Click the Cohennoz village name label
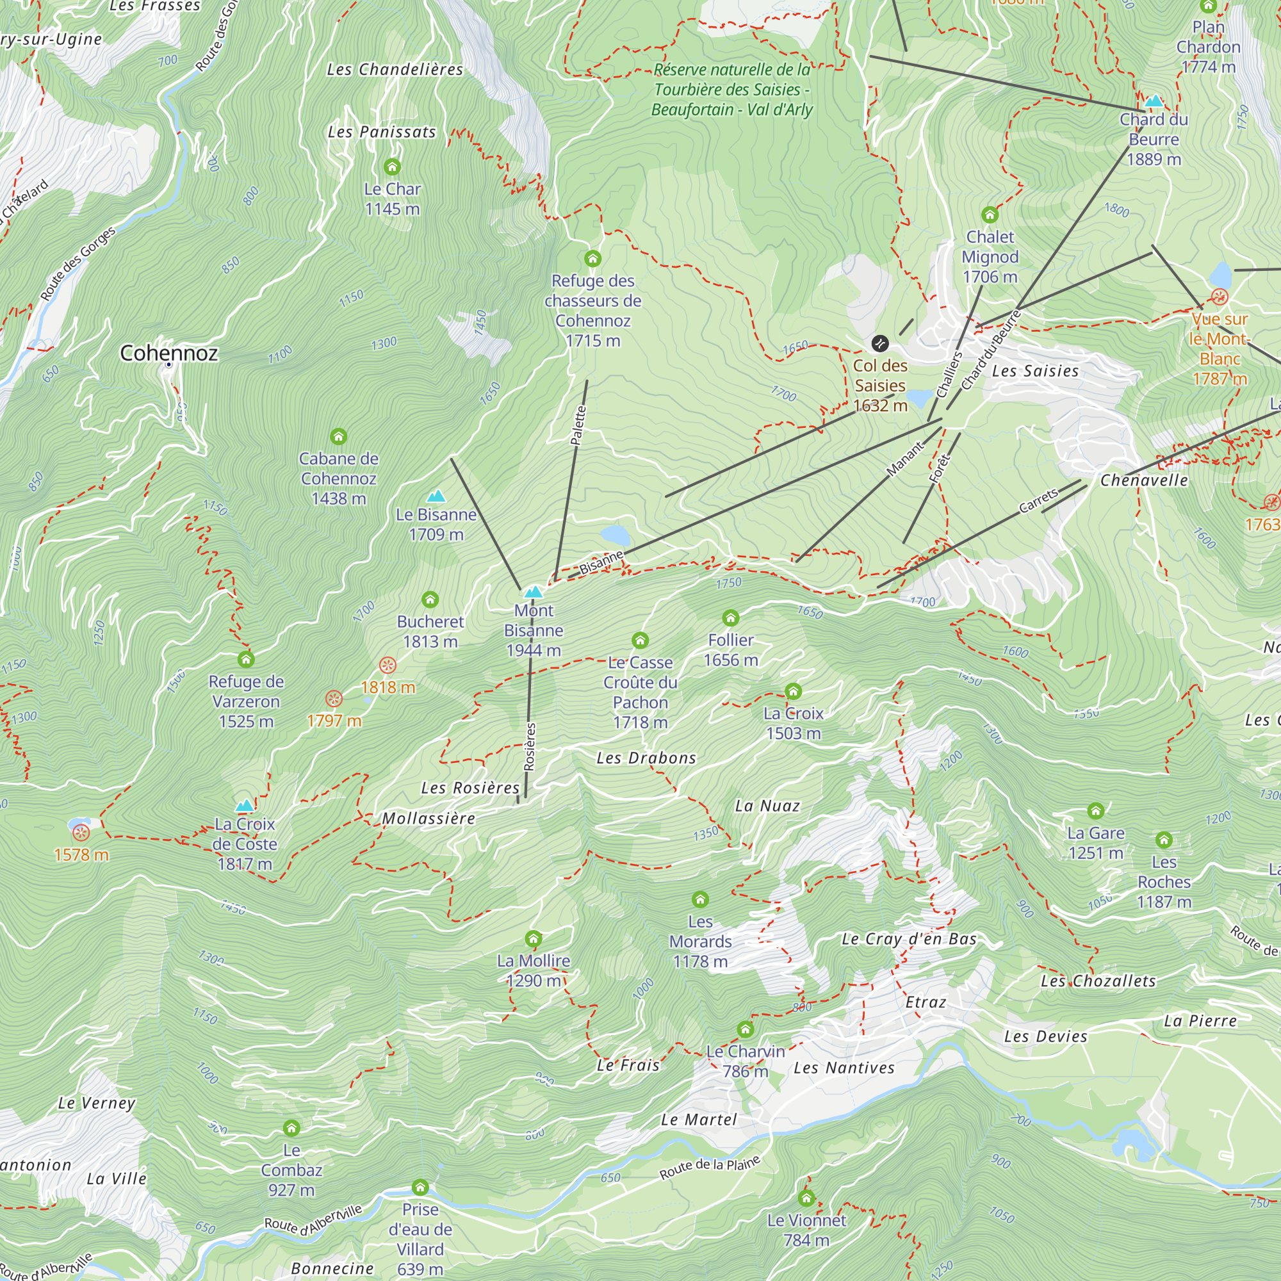point(168,353)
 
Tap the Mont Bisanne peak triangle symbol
point(533,591)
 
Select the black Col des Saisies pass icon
point(879,343)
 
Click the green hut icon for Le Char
point(392,167)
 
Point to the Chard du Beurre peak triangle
point(1154,101)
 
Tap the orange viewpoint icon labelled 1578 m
point(81,832)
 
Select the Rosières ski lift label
point(529,747)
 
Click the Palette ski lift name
point(578,425)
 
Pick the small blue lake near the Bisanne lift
point(615,534)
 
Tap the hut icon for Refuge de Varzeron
point(246,659)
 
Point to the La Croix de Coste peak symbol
point(245,806)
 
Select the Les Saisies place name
point(1035,371)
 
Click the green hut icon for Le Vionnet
point(806,1198)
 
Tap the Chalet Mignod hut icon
point(990,215)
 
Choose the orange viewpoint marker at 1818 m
point(388,665)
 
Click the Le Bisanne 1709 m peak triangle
point(436,496)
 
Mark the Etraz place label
point(926,1002)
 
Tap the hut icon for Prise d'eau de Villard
point(420,1187)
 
